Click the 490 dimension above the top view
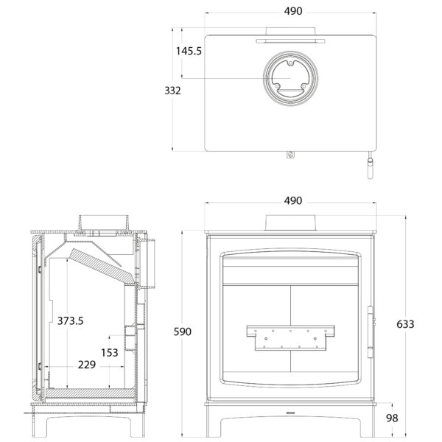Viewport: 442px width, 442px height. point(293,11)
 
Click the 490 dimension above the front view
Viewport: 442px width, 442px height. point(293,200)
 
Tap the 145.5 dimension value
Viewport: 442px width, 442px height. point(189,51)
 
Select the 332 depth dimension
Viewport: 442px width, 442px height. point(172,91)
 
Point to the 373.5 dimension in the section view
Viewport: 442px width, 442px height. point(70,320)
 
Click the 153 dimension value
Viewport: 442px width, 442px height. point(110,352)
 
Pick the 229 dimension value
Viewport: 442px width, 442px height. point(87,365)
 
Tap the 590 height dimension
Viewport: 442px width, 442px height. point(183,331)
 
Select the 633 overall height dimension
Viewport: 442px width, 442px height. point(405,324)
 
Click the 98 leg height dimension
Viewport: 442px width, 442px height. point(392,418)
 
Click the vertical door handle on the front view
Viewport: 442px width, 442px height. point(370,332)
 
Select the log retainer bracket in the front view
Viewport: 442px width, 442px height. point(290,337)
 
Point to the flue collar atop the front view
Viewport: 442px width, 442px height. point(291,222)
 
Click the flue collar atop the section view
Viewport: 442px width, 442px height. point(104,223)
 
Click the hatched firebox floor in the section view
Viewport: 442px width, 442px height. point(90,393)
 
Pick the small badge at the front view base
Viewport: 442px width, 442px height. point(290,413)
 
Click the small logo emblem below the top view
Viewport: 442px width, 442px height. point(290,155)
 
